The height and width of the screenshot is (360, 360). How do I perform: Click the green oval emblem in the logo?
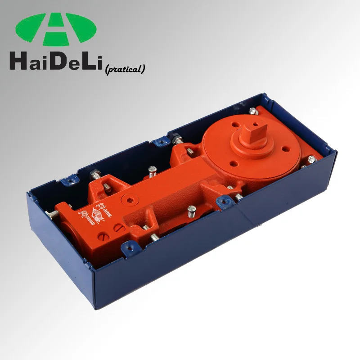click(x=56, y=29)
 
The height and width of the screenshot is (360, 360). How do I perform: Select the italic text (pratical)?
click(x=125, y=69)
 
